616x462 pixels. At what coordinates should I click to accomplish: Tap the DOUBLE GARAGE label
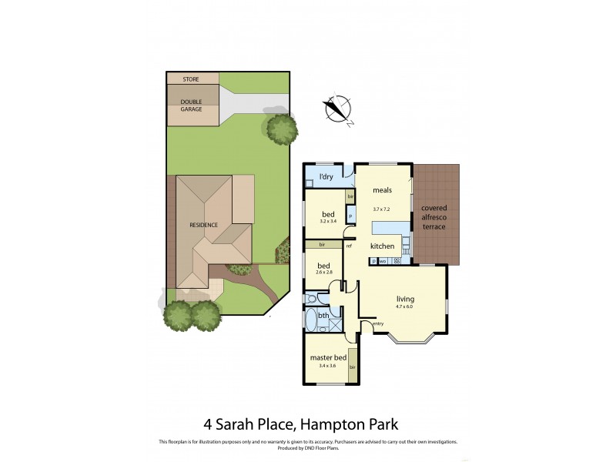click(192, 105)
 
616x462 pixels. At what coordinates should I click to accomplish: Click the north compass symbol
click(338, 110)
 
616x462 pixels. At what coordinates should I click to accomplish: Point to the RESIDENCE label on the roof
click(204, 225)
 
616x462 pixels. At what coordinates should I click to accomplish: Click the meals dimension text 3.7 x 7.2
click(383, 209)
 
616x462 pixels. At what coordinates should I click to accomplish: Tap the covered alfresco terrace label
click(434, 217)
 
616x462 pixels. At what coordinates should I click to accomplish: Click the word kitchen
click(382, 246)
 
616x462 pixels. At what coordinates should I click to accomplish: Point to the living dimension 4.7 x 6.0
click(404, 306)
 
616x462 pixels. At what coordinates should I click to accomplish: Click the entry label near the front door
click(378, 323)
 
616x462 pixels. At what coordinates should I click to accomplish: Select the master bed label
click(326, 358)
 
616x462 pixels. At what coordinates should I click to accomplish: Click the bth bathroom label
click(323, 316)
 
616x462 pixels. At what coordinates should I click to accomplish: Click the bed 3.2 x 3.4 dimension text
click(328, 221)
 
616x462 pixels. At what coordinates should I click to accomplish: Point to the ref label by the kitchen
click(349, 246)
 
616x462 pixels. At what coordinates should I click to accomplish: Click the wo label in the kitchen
click(382, 262)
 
